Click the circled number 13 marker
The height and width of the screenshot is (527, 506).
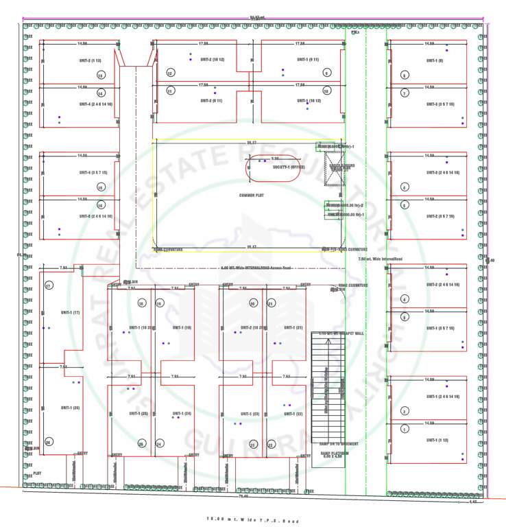click(100, 75)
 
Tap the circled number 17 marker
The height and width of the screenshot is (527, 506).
click(48, 285)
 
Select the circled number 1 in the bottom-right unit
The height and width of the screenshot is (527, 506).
click(405, 430)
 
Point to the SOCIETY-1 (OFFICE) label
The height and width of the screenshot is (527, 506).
click(288, 167)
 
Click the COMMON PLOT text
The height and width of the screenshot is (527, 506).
click(252, 196)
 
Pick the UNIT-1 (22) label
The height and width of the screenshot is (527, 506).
click(291, 414)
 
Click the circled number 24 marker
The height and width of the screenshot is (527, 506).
click(159, 444)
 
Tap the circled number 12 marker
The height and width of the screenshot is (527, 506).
click(170, 73)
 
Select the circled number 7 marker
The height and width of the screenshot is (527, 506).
click(405, 93)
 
